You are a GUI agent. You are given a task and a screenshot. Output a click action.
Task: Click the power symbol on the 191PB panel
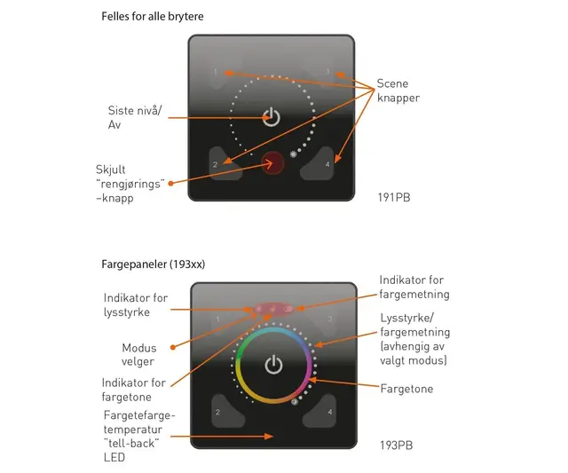pos(272,117)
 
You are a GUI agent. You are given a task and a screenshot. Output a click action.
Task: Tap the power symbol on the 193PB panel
pos(273,365)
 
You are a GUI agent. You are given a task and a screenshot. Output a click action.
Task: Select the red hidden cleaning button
pos(272,163)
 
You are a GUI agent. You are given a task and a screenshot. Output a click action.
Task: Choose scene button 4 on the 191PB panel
pos(318,163)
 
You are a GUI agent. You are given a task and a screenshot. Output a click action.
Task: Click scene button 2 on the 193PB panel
pos(227,411)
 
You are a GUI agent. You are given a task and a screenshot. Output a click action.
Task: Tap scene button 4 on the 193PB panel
pos(319,411)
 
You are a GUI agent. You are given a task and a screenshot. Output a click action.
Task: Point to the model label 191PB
pos(394,197)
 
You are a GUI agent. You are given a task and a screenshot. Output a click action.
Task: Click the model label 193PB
pos(397,445)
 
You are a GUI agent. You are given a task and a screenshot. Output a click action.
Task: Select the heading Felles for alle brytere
pos(153,16)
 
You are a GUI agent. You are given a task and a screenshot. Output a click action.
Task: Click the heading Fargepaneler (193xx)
pos(154,264)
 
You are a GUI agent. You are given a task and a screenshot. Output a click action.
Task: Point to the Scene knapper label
pos(398,91)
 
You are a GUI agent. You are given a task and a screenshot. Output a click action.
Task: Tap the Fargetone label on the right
pos(406,389)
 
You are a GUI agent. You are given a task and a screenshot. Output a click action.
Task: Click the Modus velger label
pos(138,355)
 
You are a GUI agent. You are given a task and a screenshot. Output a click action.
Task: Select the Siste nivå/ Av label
pos(135,117)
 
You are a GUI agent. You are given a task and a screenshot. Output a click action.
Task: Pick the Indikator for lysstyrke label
pos(136,304)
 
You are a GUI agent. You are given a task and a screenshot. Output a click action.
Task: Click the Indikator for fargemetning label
pos(414,287)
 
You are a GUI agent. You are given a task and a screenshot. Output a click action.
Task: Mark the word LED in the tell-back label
pos(114,457)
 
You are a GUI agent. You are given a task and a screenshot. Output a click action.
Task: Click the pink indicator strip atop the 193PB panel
pos(273,309)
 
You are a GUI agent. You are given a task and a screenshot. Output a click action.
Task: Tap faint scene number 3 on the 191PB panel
pos(327,71)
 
